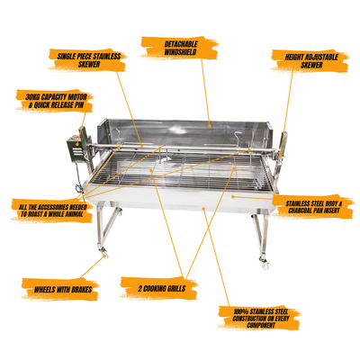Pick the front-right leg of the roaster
coord(260,236)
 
